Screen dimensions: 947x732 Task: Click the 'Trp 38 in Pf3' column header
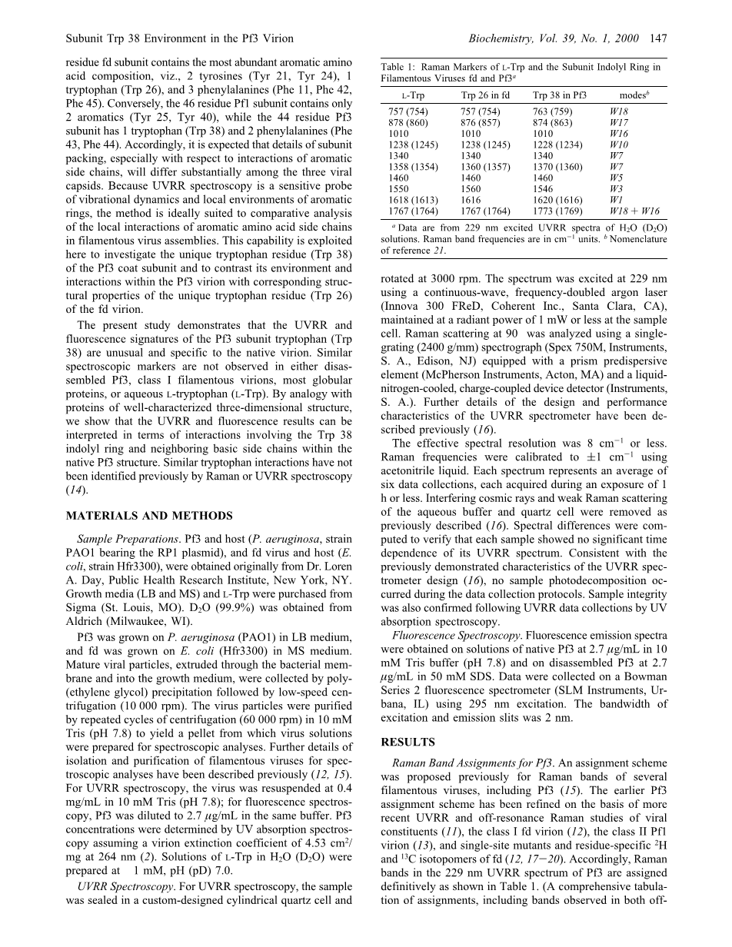point(560,95)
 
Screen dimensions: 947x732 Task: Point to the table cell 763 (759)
point(552,111)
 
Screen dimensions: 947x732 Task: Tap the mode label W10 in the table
point(618,144)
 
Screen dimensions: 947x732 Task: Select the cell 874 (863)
point(552,122)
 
